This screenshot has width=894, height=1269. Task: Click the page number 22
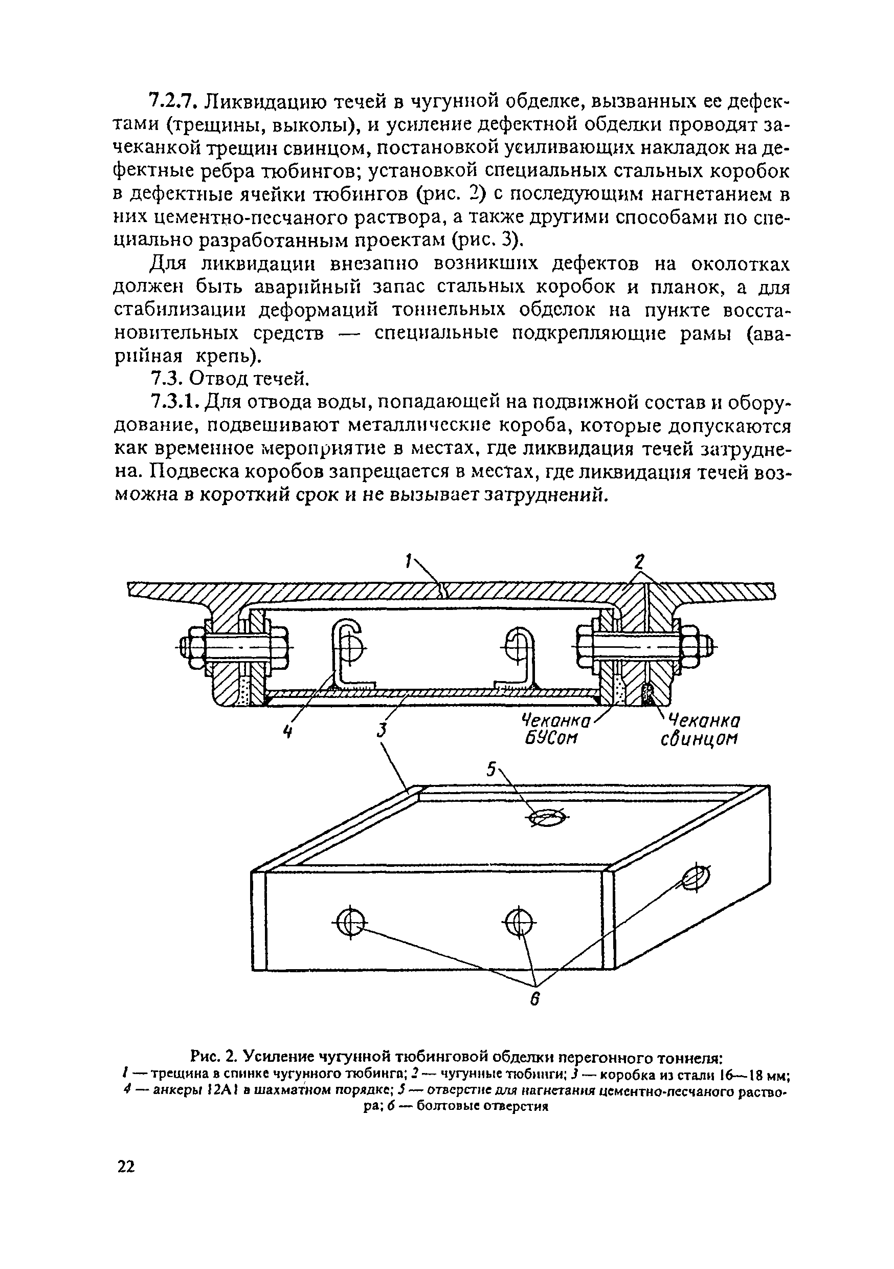(126, 1167)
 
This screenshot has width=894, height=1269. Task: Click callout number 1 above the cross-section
(408, 563)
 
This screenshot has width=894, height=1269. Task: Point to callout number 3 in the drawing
(381, 730)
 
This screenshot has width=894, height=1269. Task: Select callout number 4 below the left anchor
(287, 731)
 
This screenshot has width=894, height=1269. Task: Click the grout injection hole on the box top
(546, 819)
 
